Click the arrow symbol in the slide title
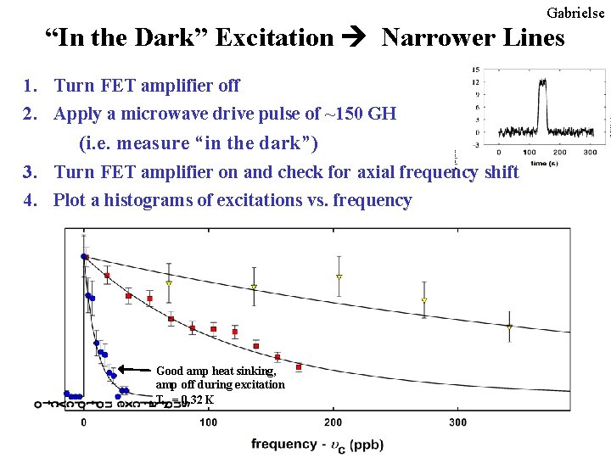(x=357, y=38)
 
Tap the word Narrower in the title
(x=432, y=37)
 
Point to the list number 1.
(x=31, y=86)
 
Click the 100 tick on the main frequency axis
(x=208, y=422)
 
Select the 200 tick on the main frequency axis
(x=333, y=422)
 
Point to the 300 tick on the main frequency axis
(x=457, y=422)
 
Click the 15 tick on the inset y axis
(x=477, y=70)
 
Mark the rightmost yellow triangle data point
(x=509, y=327)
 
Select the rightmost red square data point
(x=299, y=367)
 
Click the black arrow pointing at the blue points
(x=134, y=370)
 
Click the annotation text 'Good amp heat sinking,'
(x=216, y=371)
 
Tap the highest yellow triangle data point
(x=339, y=276)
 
